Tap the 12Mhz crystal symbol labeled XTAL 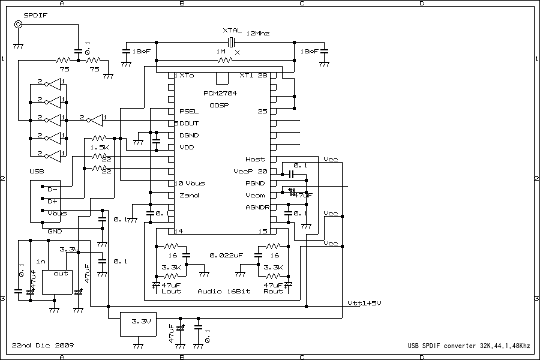[230, 42]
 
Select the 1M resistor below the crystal [224, 60]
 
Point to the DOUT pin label [188, 124]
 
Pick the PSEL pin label [188, 112]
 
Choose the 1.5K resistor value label [99, 147]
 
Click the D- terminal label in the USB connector [52, 190]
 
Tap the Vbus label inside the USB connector [56, 214]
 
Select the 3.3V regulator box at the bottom [137, 324]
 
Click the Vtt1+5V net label [364, 303]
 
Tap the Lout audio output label [171, 292]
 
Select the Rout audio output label [273, 292]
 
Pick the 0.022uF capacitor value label [226, 256]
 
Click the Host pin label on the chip [255, 160]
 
